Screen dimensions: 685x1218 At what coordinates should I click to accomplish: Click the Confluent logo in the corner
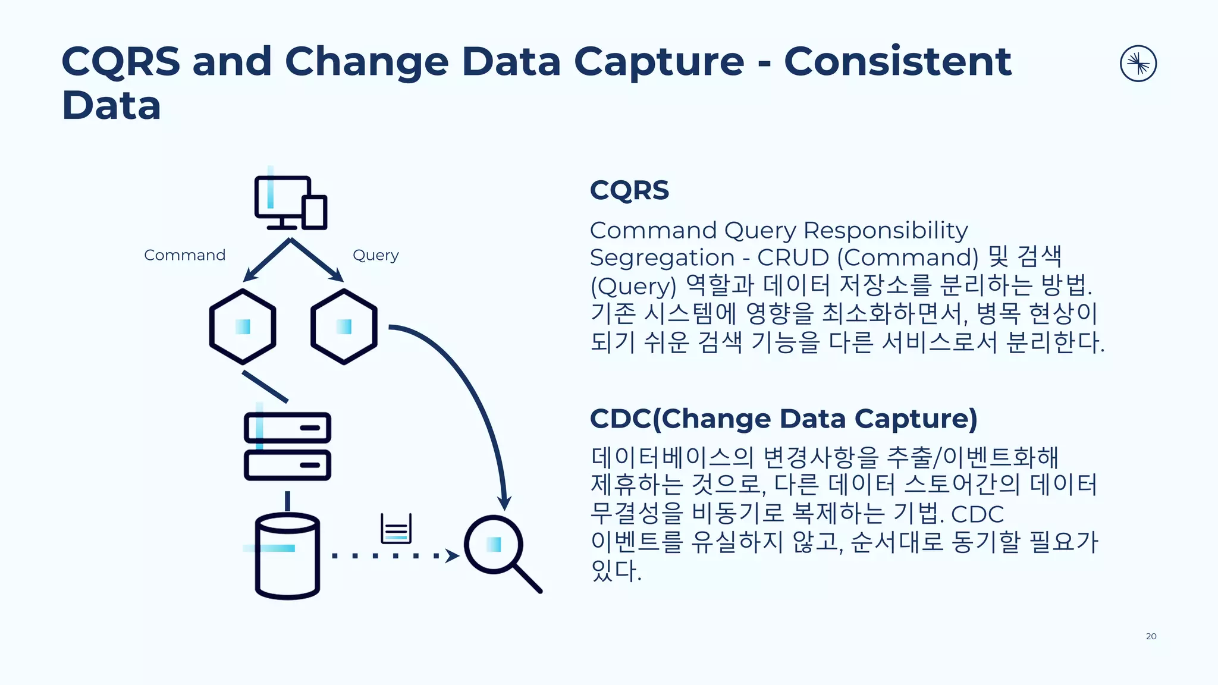pos(1138,64)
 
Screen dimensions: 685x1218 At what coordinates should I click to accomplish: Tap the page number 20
pos(1151,636)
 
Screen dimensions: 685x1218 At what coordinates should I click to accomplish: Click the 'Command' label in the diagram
pos(185,255)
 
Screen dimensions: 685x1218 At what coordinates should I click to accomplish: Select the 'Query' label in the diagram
pos(375,255)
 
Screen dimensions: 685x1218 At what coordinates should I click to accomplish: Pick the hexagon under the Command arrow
pos(243,326)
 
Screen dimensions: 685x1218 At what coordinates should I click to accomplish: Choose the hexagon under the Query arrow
pos(344,326)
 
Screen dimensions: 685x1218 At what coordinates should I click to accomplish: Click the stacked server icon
pos(287,447)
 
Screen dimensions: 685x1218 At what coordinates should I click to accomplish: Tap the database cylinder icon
pos(287,556)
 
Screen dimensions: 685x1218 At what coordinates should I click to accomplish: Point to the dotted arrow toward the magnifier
pos(393,556)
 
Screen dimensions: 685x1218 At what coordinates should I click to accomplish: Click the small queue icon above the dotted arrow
pos(396,529)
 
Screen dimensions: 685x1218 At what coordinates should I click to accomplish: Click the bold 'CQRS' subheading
pos(629,190)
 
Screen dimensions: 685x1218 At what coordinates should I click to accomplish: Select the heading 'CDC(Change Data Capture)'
pos(783,419)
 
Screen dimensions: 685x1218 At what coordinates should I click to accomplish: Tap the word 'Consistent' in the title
pos(897,61)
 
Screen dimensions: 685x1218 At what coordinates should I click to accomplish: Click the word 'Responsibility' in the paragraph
pos(886,230)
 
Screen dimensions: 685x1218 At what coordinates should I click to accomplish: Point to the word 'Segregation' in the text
pos(662,257)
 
